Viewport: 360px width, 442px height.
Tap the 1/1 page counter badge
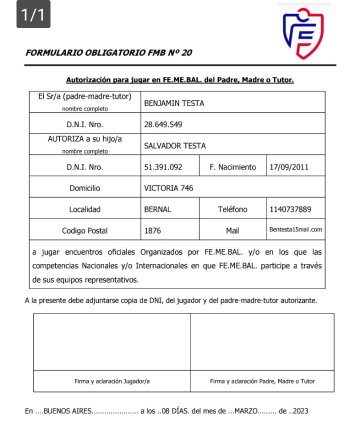coord(33,15)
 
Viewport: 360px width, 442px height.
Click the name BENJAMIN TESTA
coord(174,103)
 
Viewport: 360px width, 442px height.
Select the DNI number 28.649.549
coord(163,124)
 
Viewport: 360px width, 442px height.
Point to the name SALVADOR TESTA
coord(175,146)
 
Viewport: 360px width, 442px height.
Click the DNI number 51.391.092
coord(163,167)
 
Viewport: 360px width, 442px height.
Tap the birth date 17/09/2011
coord(289,167)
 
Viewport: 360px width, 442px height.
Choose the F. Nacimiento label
coord(232,167)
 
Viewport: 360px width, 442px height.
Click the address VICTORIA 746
coord(168,188)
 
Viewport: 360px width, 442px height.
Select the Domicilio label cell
coord(85,188)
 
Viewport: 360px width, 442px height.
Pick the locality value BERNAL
coord(157,209)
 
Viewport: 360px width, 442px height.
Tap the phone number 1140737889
coord(290,209)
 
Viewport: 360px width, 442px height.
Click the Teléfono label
coord(232,209)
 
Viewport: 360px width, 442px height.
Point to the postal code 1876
coord(152,231)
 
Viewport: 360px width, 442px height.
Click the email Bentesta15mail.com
coord(295,230)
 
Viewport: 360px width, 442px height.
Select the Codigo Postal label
coord(85,231)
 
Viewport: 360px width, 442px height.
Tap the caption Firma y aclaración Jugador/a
coord(112,381)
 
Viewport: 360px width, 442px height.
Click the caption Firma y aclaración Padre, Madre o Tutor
coord(262,381)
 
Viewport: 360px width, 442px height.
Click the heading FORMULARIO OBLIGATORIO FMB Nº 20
coord(109,52)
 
